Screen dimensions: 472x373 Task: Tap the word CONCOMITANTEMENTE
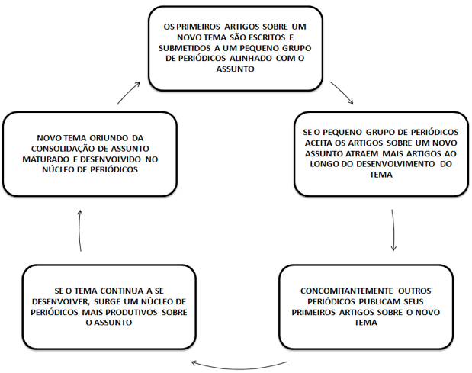tap(347, 291)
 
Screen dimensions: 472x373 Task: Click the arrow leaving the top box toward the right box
tap(342, 92)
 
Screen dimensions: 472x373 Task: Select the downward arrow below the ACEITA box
tap(393, 230)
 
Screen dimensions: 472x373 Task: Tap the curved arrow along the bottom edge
tap(239, 367)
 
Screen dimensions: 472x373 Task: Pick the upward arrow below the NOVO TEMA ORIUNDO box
tap(80, 230)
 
